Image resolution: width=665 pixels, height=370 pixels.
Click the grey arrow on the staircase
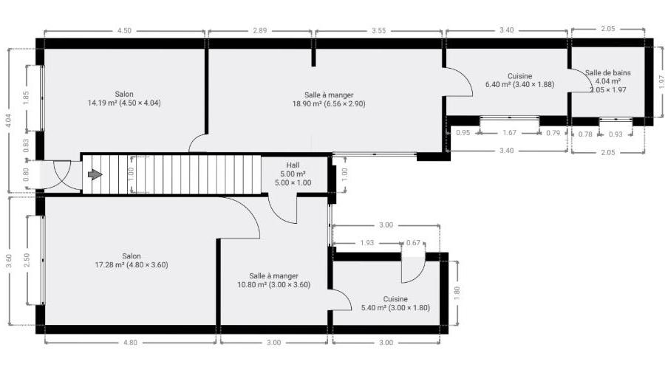(95, 174)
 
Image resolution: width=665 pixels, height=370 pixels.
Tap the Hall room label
(293, 165)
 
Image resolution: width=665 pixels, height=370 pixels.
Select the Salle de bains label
(608, 73)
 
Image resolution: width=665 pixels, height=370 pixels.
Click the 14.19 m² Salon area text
(124, 103)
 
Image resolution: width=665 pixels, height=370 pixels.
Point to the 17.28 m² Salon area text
(132, 265)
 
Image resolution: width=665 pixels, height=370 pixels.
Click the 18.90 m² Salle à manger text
(329, 104)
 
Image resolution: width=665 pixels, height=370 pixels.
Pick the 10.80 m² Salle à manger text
(273, 285)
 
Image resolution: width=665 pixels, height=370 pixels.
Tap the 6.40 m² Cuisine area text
(519, 84)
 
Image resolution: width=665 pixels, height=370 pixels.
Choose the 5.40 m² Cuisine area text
(395, 308)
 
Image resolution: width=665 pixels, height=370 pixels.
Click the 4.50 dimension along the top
(124, 30)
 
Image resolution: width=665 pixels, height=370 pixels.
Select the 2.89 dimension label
(259, 30)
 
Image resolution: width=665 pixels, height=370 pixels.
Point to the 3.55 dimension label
(379, 30)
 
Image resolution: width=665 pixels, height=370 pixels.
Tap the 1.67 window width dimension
(509, 133)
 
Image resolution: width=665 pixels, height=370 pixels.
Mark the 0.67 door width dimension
(413, 243)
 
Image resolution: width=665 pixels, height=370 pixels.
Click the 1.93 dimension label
(366, 243)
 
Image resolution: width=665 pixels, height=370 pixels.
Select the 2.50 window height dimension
(27, 260)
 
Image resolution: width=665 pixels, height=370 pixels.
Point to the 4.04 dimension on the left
(9, 121)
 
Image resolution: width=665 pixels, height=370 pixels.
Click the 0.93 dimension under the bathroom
(615, 134)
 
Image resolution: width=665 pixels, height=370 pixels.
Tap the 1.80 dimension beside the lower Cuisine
(457, 293)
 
